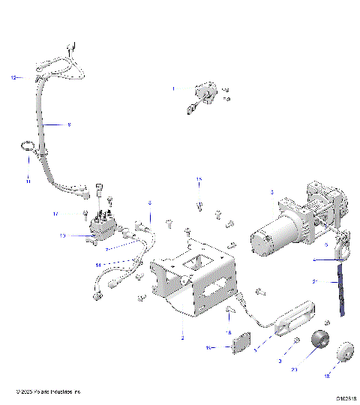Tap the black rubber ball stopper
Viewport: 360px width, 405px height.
(321, 340)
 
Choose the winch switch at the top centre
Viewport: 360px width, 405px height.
(202, 95)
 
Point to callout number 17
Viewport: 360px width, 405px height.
(76, 214)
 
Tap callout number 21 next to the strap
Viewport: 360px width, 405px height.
(316, 282)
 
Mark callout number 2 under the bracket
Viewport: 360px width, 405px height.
(182, 339)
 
